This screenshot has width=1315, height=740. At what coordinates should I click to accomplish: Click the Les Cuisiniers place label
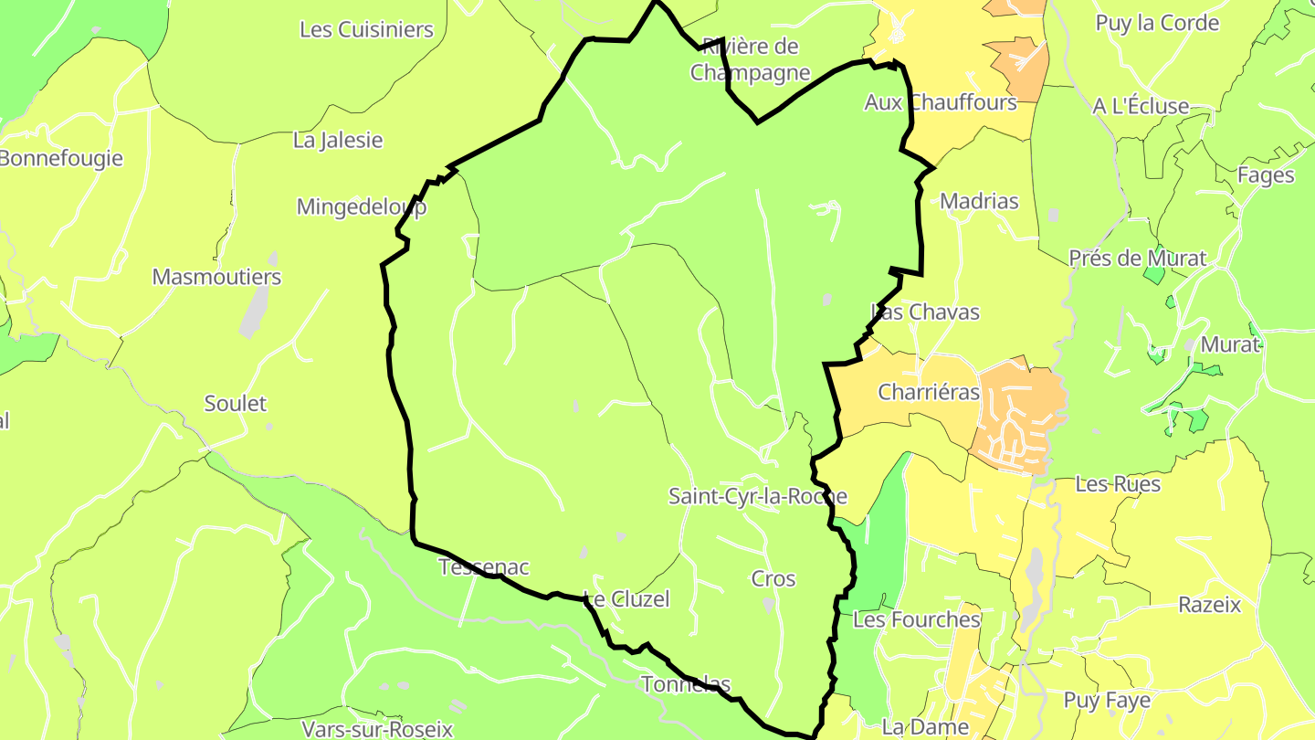click(x=366, y=29)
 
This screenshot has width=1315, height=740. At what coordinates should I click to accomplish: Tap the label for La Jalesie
click(x=338, y=141)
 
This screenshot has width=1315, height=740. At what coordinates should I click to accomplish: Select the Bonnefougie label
click(x=60, y=158)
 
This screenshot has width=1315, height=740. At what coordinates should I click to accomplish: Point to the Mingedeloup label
click(x=362, y=206)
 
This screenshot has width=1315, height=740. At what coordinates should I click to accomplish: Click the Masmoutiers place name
click(x=216, y=277)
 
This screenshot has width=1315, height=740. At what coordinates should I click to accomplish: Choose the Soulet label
click(x=236, y=403)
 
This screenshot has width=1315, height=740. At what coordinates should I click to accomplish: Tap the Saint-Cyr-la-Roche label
click(x=757, y=496)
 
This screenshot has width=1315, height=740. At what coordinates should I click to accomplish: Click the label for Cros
click(x=773, y=578)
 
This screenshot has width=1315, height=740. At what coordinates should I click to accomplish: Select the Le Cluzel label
click(x=626, y=599)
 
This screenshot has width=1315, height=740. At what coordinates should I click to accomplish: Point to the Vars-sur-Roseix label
click(x=377, y=729)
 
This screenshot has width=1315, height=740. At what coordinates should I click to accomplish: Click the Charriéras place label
click(x=928, y=393)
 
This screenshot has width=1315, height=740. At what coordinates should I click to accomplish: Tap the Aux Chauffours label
click(x=941, y=102)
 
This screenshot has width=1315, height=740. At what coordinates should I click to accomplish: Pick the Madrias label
click(x=979, y=201)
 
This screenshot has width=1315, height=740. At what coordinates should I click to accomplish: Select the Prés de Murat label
click(x=1138, y=259)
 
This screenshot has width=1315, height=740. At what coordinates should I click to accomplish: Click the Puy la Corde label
click(x=1157, y=24)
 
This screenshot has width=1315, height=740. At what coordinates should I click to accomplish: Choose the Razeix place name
click(x=1209, y=605)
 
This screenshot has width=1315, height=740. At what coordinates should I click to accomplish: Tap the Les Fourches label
click(x=916, y=619)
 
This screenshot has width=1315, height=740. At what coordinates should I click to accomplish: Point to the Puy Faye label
click(x=1107, y=701)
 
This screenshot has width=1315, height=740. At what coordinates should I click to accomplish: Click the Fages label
click(x=1266, y=174)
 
